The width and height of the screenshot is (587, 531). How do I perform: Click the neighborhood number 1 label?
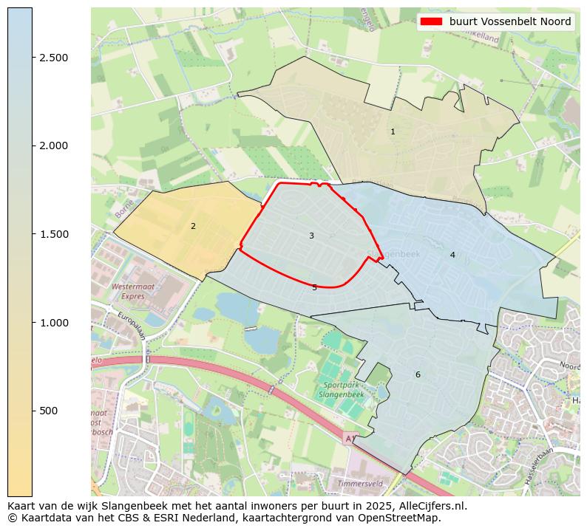393,131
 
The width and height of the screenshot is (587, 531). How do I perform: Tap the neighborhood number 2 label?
193,226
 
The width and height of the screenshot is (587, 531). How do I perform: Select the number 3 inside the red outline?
311,236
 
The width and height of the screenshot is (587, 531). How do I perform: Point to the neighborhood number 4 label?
452,255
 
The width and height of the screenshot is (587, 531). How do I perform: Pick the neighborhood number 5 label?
314,287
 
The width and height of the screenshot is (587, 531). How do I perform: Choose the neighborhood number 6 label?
418,374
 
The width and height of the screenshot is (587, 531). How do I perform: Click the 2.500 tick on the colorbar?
53,58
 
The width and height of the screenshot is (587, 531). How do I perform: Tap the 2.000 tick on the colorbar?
53,145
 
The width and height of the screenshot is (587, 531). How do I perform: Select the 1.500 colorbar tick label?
53,234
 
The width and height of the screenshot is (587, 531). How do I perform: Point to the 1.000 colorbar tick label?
53,323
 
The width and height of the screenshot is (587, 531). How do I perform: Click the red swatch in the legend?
431,21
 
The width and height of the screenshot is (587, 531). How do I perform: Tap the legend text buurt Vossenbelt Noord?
510,21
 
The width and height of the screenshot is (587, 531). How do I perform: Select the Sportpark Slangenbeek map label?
341,390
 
